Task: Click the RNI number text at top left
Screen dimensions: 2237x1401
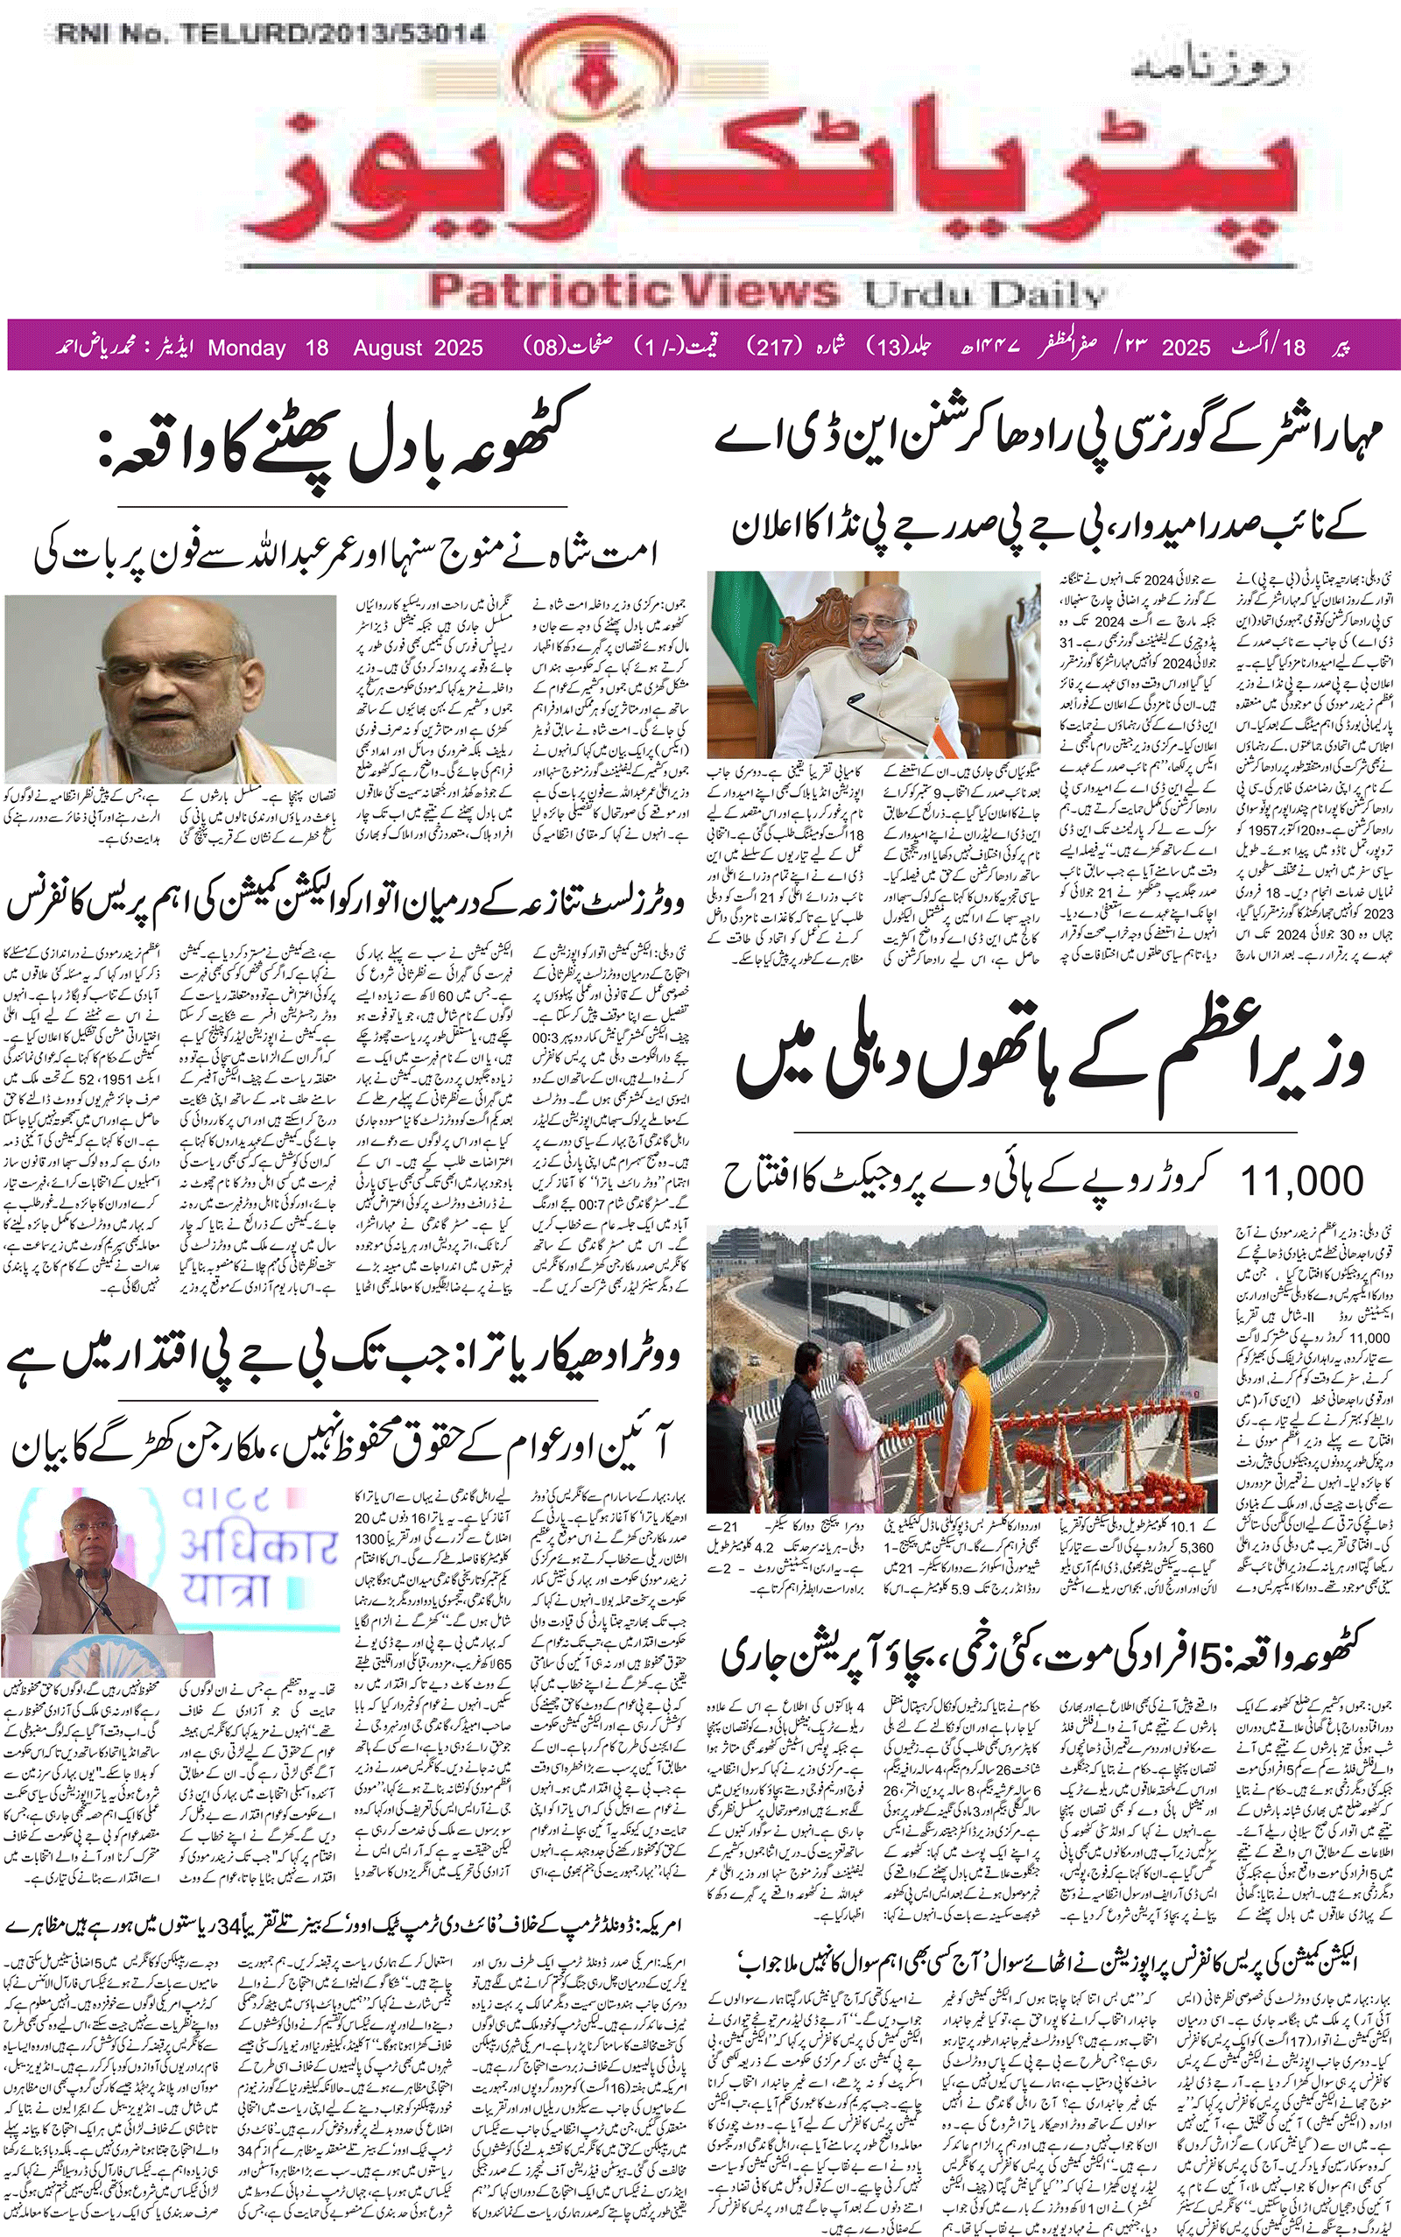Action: tap(271, 35)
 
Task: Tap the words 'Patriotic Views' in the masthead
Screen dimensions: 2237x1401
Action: tap(634, 291)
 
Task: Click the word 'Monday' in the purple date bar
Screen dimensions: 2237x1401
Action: tap(246, 348)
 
